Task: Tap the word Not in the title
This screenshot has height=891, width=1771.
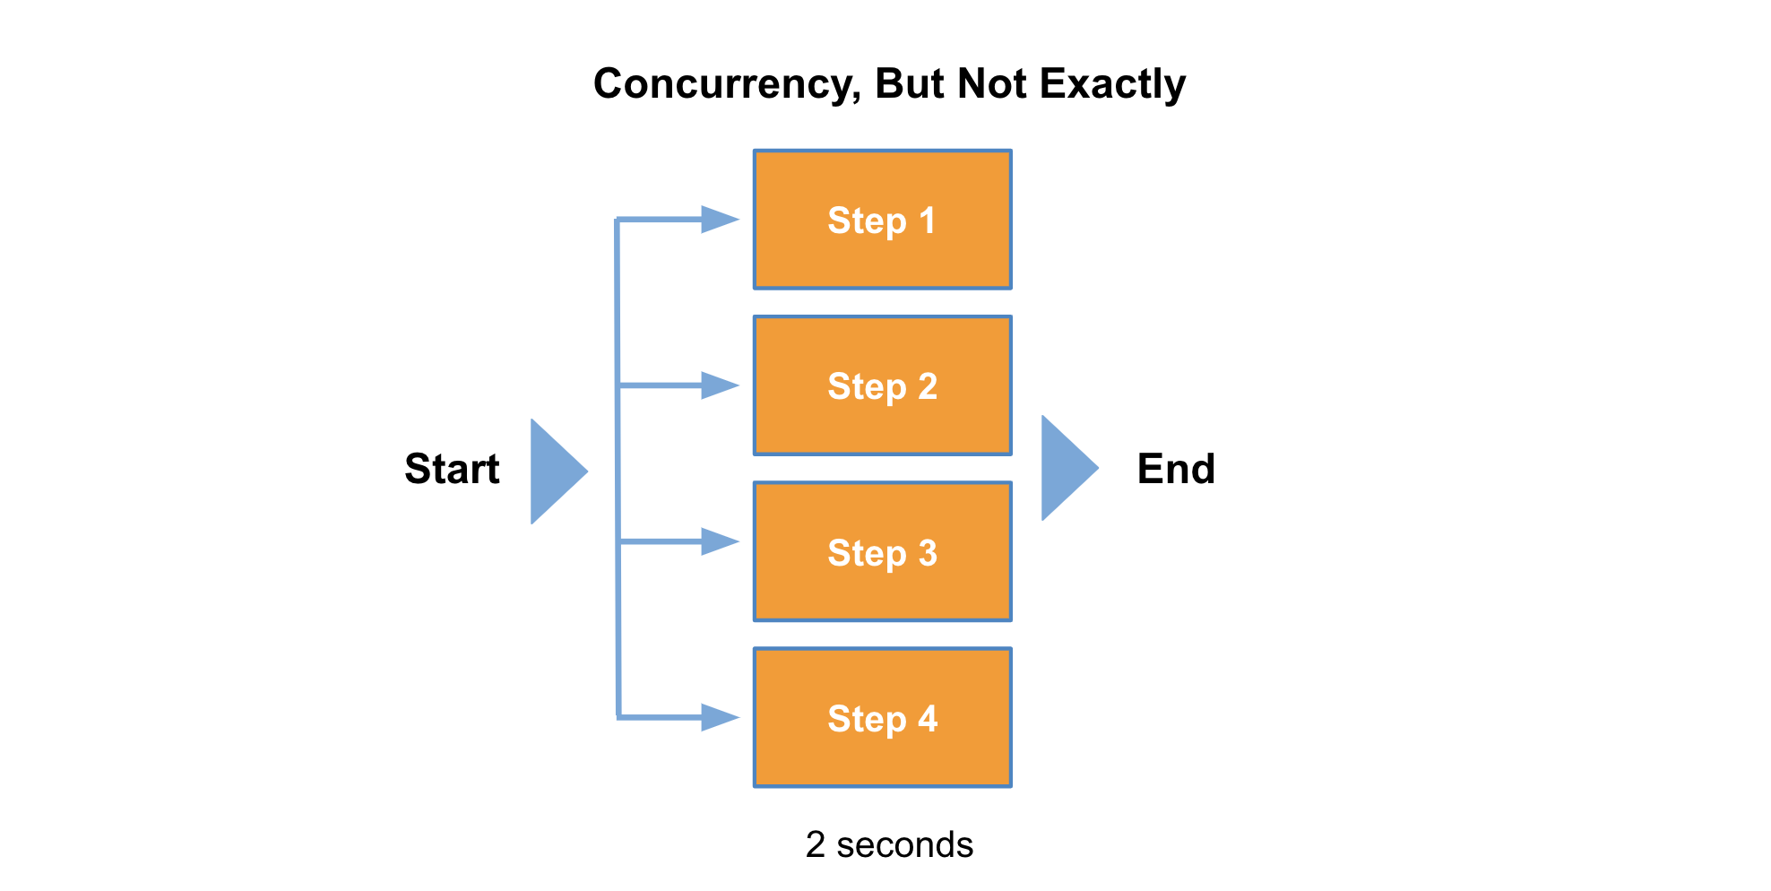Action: [x=990, y=84]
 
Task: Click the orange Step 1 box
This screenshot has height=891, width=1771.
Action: [x=882, y=220]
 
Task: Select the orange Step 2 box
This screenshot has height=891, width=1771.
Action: [x=882, y=385]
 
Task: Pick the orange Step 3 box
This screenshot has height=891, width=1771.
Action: [x=882, y=552]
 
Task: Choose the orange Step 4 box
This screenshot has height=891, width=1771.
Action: [x=882, y=718]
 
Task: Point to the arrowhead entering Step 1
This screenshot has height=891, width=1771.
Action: [x=720, y=220]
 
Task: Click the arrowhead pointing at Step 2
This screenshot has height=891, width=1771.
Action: [x=720, y=385]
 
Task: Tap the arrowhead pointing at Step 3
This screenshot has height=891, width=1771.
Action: [x=720, y=541]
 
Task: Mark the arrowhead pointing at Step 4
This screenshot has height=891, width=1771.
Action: [x=720, y=717]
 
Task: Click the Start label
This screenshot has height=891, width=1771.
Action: [x=452, y=469]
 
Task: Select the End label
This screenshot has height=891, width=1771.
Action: [x=1176, y=469]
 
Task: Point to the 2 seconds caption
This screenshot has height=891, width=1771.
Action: [x=889, y=844]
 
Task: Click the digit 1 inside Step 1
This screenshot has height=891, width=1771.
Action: [x=928, y=221]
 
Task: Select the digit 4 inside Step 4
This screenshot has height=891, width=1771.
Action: [x=928, y=719]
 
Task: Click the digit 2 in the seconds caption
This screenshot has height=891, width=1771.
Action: [x=815, y=844]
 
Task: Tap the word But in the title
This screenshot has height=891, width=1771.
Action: [x=909, y=84]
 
